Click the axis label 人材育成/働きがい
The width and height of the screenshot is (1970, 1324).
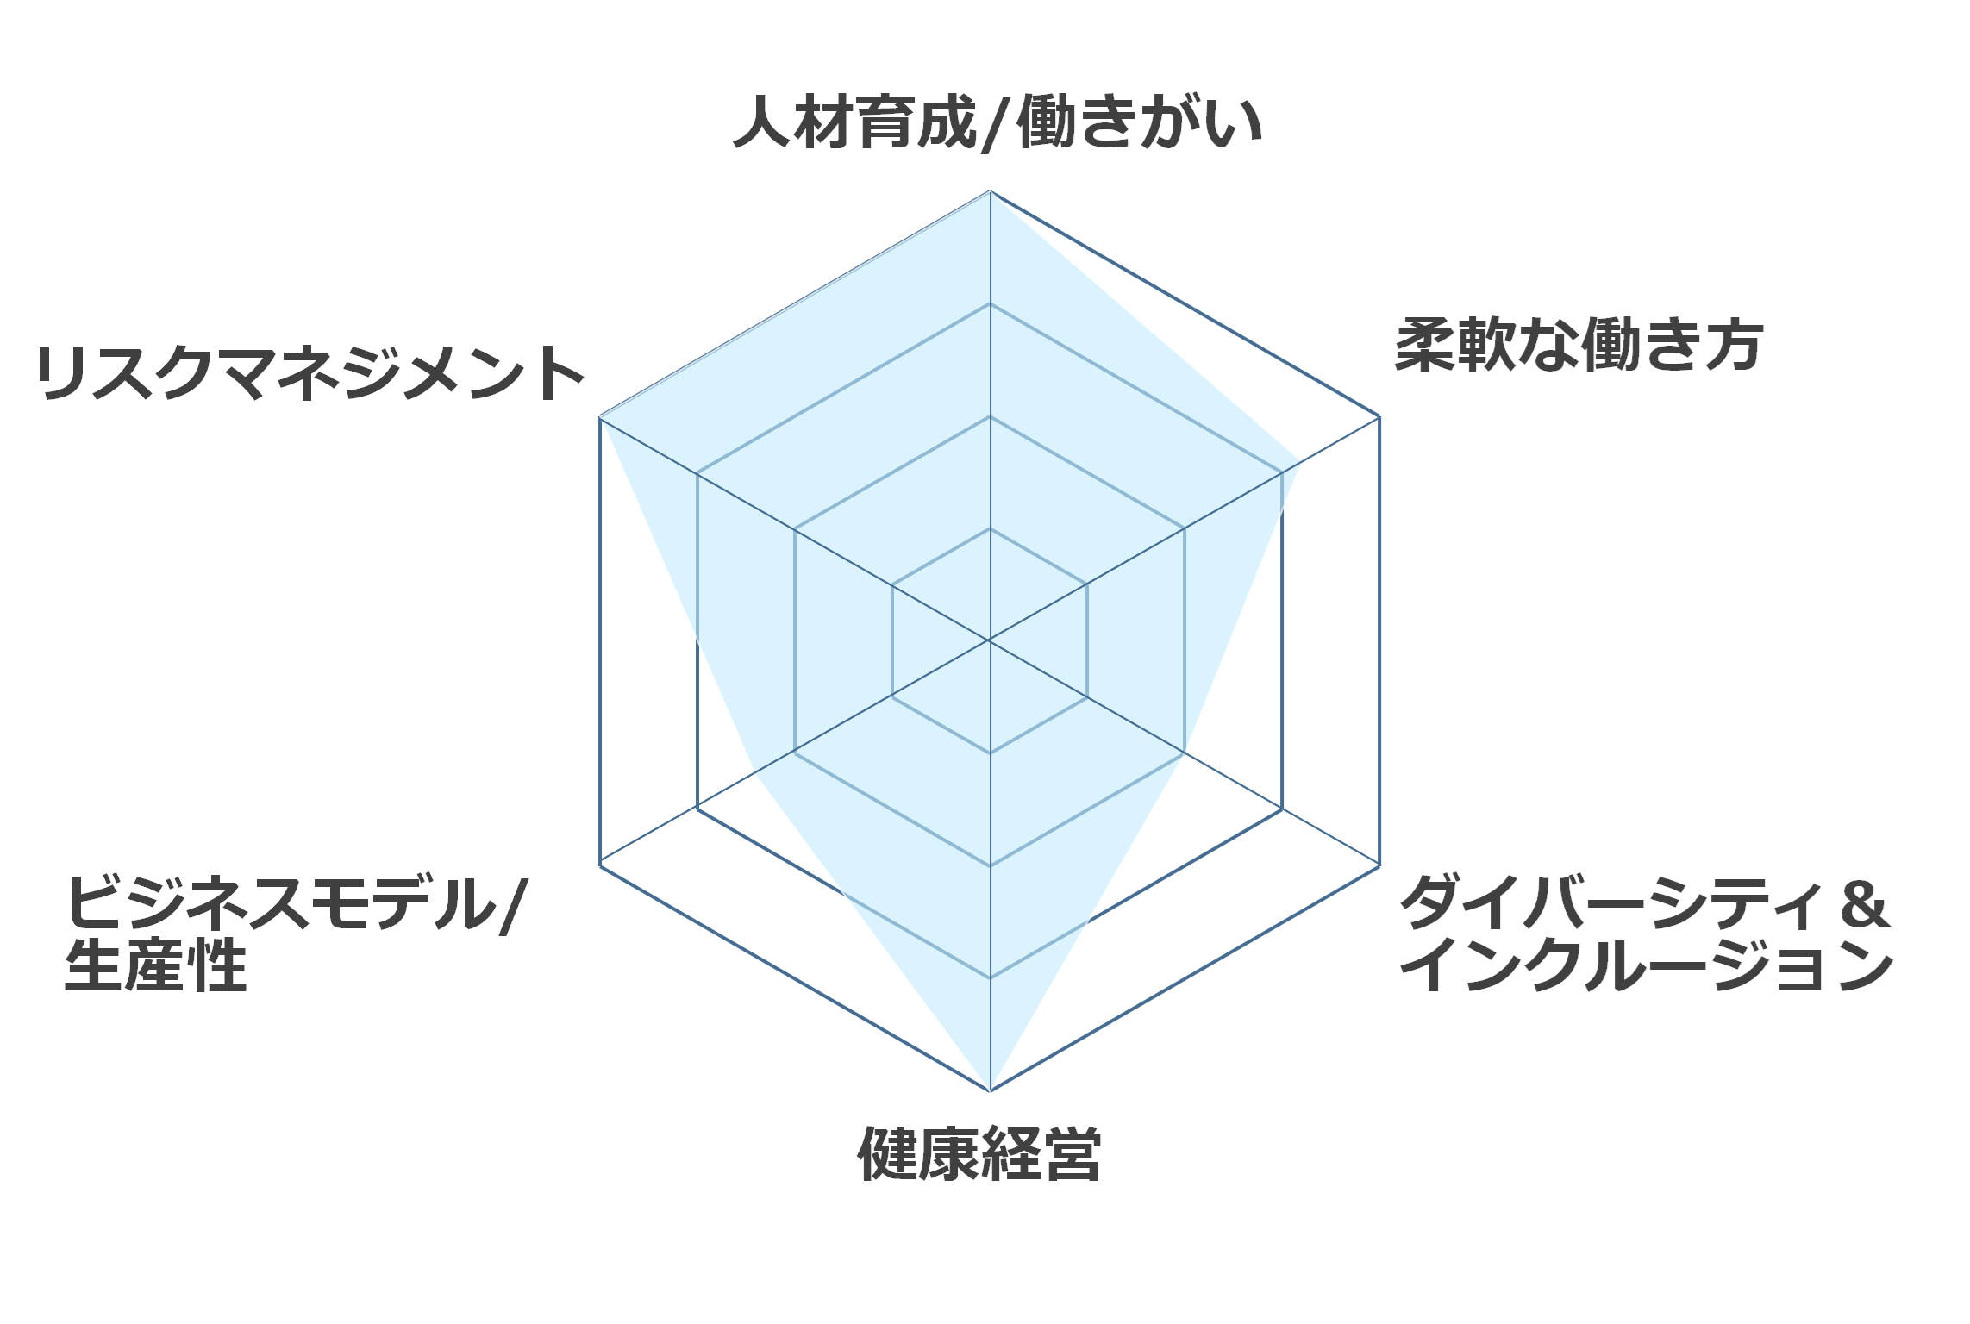(998, 122)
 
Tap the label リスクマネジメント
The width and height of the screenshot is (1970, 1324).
(310, 373)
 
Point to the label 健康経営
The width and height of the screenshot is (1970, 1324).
(979, 1152)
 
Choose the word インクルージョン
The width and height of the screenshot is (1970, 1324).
(1647, 965)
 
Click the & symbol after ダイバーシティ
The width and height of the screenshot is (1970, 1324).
(1862, 903)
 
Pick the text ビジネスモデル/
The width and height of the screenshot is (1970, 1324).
(295, 903)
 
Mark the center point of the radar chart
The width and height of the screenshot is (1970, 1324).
(990, 640)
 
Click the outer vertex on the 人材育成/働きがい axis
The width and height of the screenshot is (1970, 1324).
(990, 191)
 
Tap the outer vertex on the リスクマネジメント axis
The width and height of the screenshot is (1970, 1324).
(600, 417)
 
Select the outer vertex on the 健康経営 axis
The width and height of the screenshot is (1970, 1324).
(990, 1090)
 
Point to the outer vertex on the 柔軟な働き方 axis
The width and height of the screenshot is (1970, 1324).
(1379, 417)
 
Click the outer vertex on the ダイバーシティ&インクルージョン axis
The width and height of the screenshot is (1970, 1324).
(1379, 865)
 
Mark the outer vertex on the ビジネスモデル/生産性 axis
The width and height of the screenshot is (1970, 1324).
(600, 865)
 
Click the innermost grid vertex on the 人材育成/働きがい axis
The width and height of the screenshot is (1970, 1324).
(990, 528)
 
